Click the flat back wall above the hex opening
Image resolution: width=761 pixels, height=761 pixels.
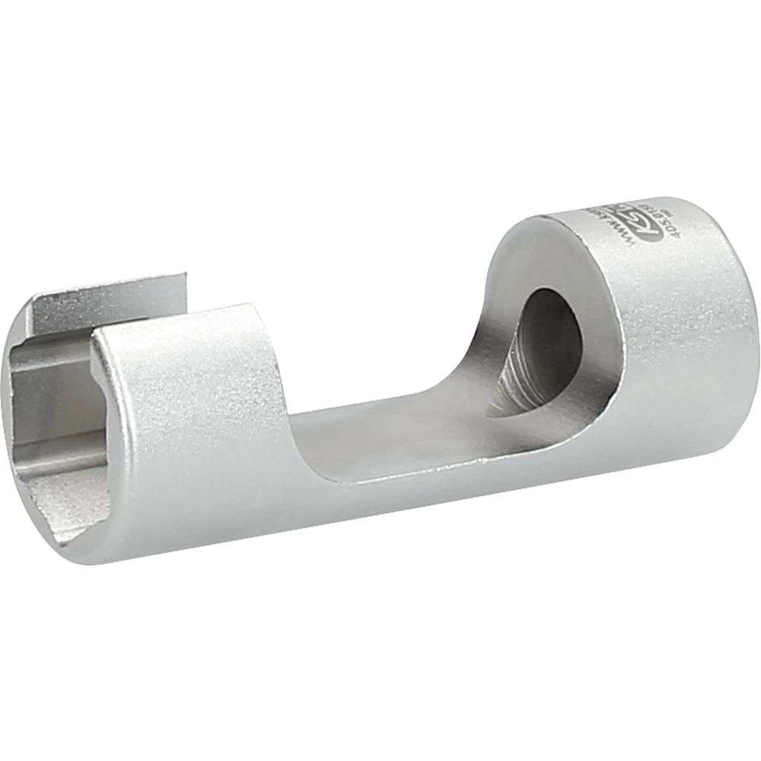click(x=111, y=297)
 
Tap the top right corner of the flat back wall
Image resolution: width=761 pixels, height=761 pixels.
click(x=184, y=276)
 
